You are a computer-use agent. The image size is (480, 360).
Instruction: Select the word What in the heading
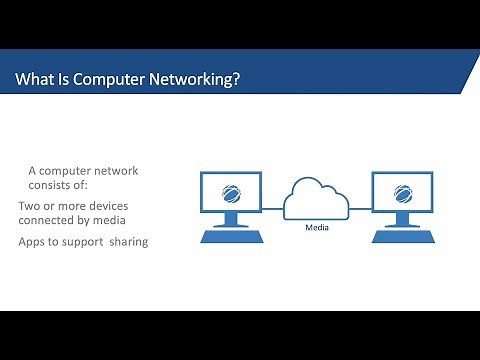(x=36, y=79)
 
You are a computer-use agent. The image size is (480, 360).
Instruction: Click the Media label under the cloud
(x=317, y=226)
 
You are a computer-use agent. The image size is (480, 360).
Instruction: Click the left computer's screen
(x=232, y=192)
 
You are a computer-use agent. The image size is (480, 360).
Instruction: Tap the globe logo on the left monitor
(x=232, y=192)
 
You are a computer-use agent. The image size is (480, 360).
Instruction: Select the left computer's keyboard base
(x=232, y=237)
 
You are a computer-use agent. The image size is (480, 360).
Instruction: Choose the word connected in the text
(x=50, y=220)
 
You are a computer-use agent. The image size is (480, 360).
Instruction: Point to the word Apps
(x=34, y=242)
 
